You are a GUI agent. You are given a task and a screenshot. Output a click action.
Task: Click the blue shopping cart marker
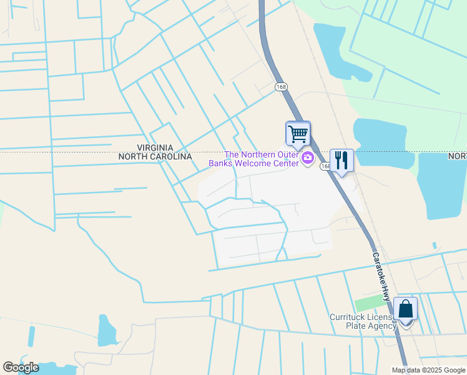[298, 133]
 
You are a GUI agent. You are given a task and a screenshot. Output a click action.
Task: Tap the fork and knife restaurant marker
[342, 161]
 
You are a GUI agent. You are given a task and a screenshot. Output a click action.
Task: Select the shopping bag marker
[406, 309]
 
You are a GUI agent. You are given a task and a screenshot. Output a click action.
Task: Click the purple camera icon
[307, 159]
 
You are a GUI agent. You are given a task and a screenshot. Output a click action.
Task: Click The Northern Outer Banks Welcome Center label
[262, 159]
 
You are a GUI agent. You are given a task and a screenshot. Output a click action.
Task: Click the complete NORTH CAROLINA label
[155, 157]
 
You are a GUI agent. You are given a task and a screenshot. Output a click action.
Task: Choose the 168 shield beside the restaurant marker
[325, 166]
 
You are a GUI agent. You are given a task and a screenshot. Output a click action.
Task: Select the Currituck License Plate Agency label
[362, 321]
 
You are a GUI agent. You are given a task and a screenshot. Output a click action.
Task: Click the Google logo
[21, 367]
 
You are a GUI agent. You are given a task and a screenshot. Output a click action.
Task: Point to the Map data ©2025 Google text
[428, 370]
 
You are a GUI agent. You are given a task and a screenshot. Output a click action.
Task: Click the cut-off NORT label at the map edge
[458, 155]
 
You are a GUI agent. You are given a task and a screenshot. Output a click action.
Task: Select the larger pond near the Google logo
[107, 331]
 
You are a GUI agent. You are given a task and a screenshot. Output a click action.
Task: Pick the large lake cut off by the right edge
[443, 185]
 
